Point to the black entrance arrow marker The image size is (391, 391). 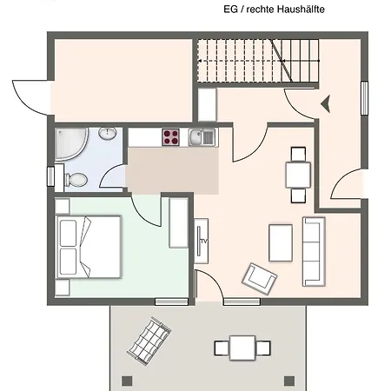[327, 103]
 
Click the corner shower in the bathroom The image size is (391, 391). [70, 143]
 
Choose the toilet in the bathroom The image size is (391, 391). [75, 180]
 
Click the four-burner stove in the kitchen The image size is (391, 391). [169, 137]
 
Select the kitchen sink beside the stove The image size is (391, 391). [200, 136]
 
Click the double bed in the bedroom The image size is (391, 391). [87, 247]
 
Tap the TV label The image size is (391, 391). [202, 239]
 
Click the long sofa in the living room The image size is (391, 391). [314, 252]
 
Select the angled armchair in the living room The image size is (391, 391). [260, 277]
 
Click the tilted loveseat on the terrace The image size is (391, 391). [149, 340]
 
